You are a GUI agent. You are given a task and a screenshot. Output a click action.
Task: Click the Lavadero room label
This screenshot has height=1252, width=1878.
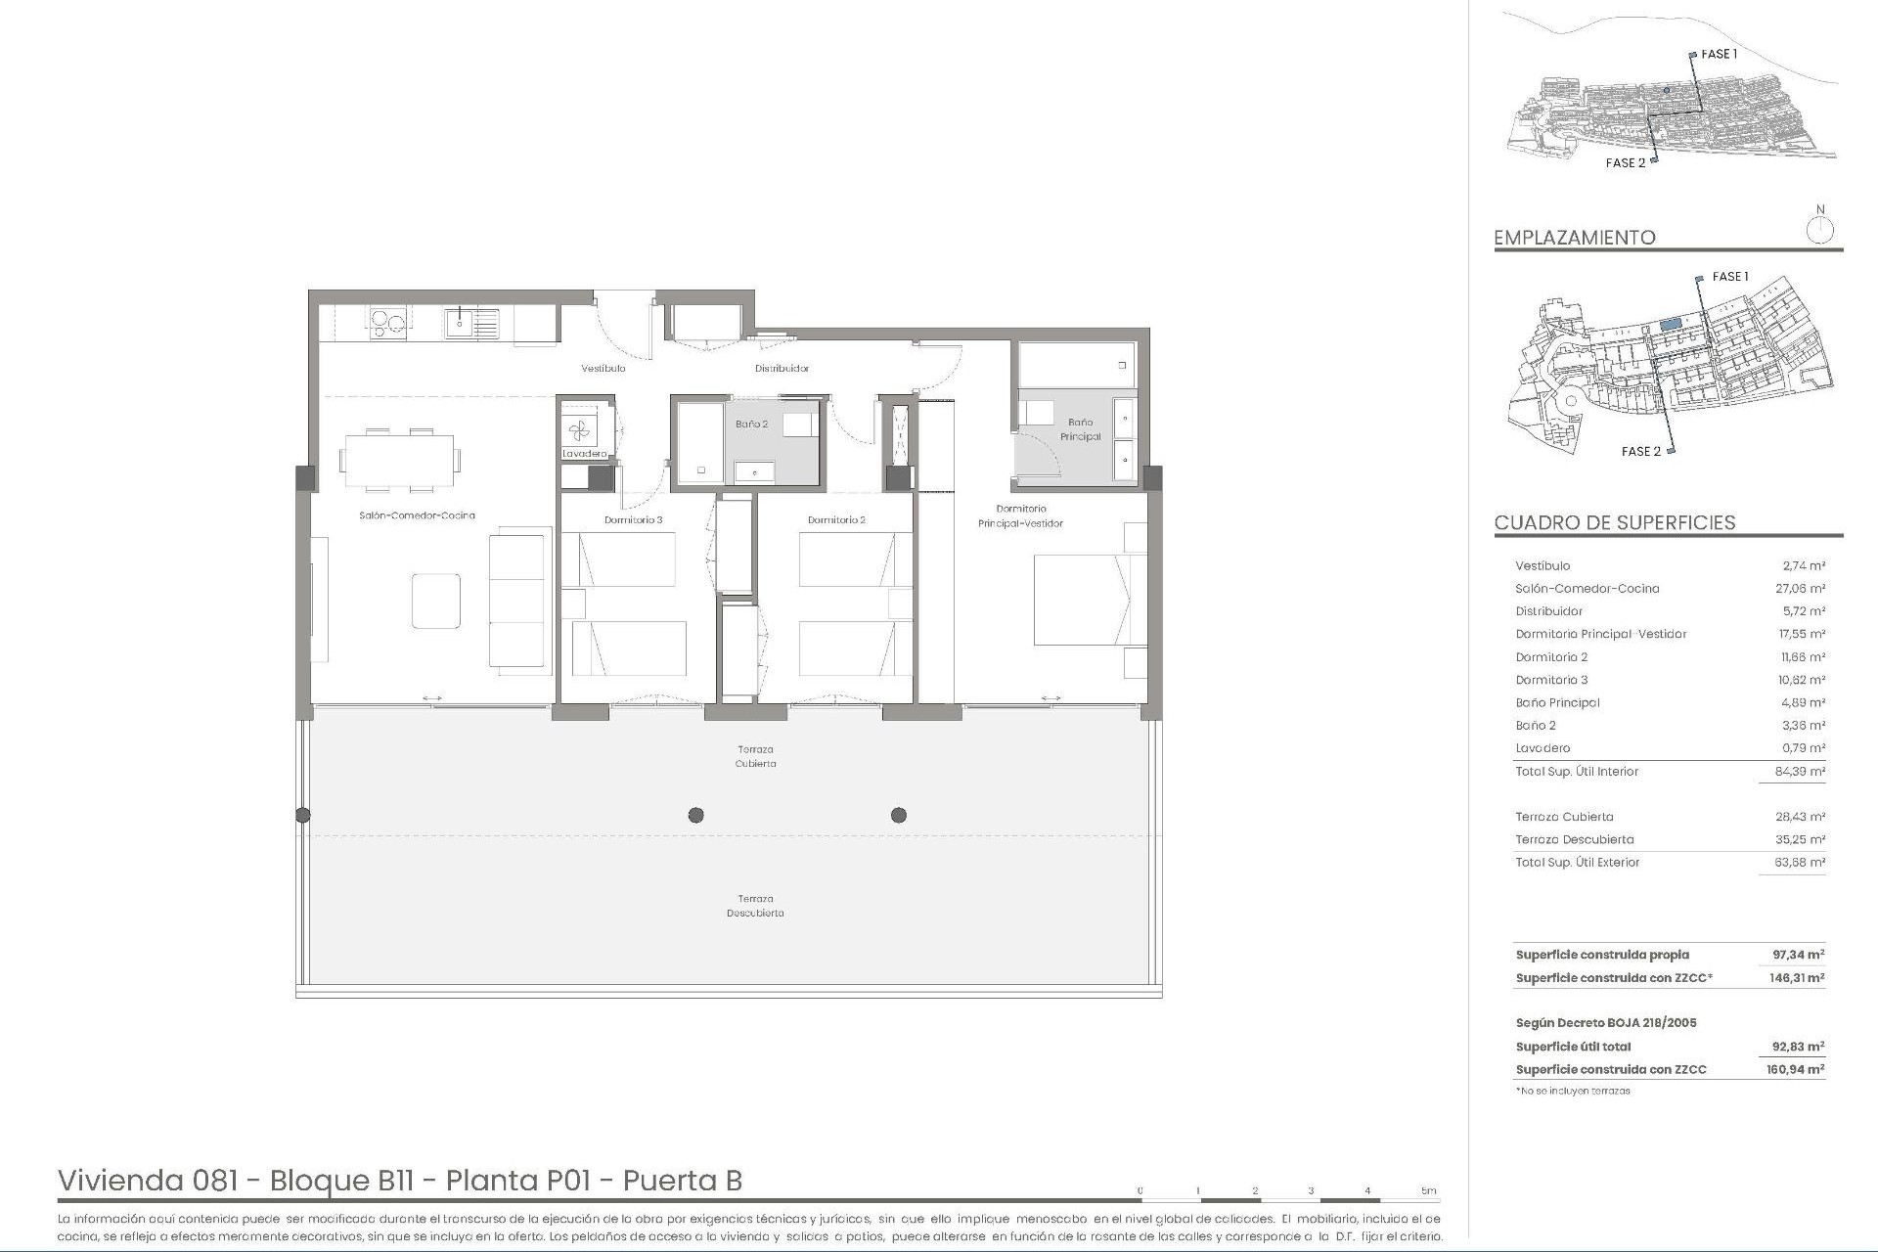point(585,454)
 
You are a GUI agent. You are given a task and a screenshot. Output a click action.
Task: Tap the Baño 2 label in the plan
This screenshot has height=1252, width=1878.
point(751,425)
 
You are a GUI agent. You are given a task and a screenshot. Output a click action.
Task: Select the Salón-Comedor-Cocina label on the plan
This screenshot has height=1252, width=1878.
point(417,515)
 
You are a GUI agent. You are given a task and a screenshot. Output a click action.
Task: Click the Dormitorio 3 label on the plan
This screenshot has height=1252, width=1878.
point(633,520)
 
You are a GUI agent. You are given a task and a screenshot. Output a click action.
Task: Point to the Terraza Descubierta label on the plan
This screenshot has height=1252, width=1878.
point(755,906)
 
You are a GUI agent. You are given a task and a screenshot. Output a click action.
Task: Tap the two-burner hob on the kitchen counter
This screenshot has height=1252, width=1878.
point(386,322)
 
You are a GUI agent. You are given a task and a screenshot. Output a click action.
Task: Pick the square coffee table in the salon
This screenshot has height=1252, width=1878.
point(435,601)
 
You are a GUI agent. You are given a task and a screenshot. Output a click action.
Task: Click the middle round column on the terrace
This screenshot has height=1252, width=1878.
point(695,815)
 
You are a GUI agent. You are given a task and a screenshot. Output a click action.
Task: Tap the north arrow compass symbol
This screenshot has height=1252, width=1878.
point(1819,230)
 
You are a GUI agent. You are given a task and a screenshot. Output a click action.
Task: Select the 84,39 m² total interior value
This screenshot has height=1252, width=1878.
point(1800,772)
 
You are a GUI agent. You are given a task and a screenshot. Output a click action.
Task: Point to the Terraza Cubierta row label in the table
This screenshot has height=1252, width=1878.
point(1564,817)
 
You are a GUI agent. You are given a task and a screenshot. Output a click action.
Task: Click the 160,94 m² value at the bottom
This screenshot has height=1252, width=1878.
point(1798,1070)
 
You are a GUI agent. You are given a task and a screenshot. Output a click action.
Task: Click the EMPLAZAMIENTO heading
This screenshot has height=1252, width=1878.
point(1574,238)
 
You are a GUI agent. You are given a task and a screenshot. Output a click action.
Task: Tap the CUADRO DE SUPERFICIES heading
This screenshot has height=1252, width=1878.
point(1614,522)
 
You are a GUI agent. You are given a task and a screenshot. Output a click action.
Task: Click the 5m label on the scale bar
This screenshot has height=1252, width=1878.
point(1429,1190)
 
